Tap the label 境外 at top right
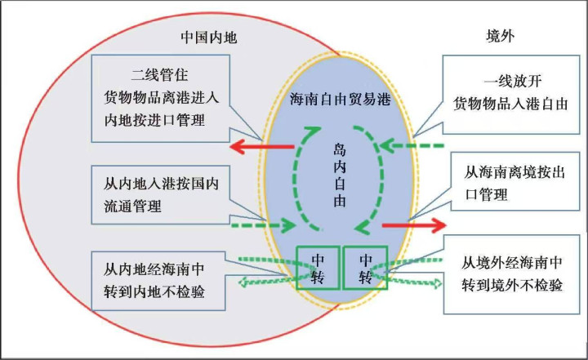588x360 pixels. point(499,38)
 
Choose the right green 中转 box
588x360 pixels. point(365,266)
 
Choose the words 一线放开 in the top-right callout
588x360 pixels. point(512,83)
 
